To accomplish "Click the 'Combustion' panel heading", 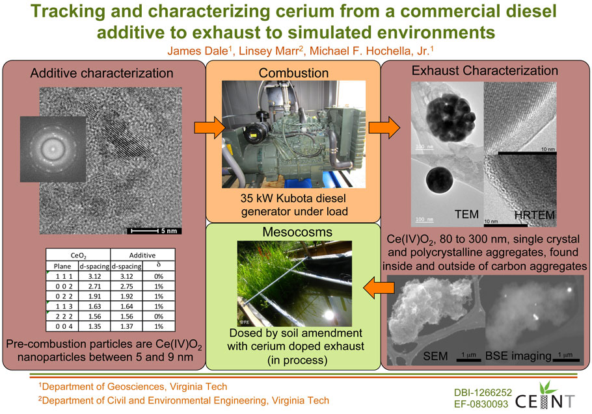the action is (293, 73).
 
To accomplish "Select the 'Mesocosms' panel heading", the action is (297, 231).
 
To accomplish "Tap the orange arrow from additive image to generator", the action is (209, 127).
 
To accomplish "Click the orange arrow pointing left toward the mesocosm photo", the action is (379, 288).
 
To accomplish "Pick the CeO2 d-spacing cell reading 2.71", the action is (94, 286).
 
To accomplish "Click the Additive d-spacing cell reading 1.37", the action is (126, 326).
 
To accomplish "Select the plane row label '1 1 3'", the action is (62, 306).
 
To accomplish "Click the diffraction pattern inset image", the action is (53, 149).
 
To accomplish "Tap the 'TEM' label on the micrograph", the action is (466, 214).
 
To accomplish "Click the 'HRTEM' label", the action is (535, 215).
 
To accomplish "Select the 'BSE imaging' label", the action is (518, 356).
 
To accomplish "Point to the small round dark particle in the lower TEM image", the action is (440, 180).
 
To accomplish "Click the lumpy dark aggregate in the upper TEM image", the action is (451, 118).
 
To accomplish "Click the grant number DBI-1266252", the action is (483, 393).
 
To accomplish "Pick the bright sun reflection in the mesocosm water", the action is (329, 315).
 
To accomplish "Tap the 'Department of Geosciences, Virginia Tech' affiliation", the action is (133, 387).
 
